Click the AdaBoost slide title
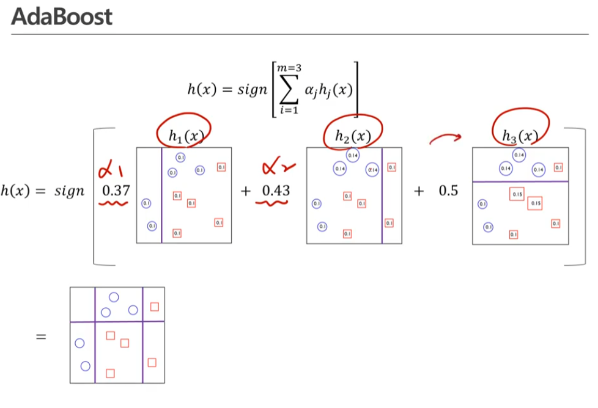coord(62,16)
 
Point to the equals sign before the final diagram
coord(41,335)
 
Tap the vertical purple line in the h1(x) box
coord(161,195)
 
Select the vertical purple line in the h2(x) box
coord(382,195)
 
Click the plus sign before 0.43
coord(246,191)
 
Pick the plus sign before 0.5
coord(419,191)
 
